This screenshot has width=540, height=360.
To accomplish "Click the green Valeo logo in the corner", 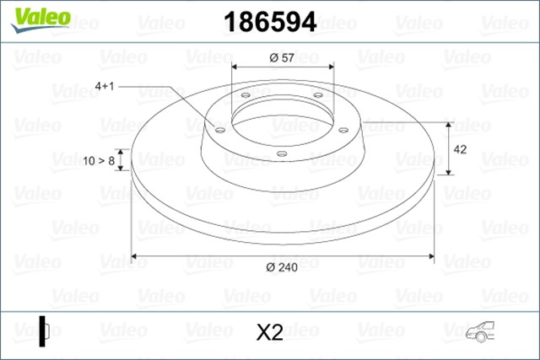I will [32, 17].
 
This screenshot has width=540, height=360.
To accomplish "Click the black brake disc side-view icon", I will [43, 330].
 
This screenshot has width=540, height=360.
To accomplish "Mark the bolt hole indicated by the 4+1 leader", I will [219, 130].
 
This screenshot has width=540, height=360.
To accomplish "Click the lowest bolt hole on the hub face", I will [281, 153].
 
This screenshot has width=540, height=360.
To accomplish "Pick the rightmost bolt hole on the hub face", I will [344, 129].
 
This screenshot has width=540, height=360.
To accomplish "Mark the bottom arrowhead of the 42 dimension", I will [448, 172].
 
